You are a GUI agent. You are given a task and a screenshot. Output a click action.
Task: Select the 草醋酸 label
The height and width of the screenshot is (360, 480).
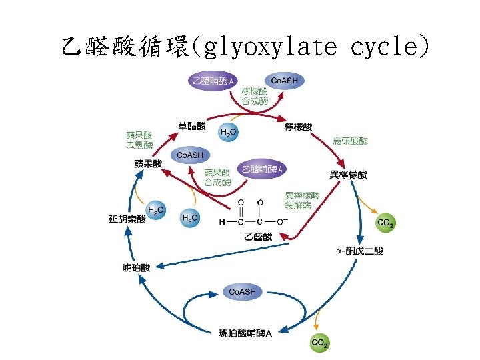pyautogui.click(x=191, y=125)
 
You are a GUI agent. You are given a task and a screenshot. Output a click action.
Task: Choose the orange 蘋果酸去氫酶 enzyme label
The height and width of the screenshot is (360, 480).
pyautogui.click(x=139, y=139)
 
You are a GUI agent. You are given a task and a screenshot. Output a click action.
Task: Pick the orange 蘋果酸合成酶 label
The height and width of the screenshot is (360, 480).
pyautogui.click(x=218, y=177)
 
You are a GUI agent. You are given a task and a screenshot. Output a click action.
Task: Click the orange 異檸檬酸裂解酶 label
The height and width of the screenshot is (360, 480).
pyautogui.click(x=302, y=200)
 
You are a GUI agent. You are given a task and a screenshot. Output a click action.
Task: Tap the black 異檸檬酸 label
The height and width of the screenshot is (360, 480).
pyautogui.click(x=348, y=175)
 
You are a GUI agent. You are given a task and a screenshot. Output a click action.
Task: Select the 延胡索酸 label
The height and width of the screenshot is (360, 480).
pyautogui.click(x=127, y=218)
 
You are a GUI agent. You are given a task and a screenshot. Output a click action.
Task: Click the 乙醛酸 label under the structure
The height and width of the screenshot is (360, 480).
pyautogui.click(x=258, y=236)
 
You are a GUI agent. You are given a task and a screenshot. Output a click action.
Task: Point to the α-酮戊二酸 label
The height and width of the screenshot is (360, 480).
pyautogui.click(x=359, y=251)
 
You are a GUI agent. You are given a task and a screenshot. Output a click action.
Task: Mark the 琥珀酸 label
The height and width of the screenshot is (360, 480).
pyautogui.click(x=136, y=267)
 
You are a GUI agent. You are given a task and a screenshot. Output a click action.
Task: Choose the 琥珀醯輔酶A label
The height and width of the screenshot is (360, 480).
pyautogui.click(x=245, y=333)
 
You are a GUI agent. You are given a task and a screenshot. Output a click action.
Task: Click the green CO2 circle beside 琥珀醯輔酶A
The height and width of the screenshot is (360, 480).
pyautogui.click(x=319, y=343)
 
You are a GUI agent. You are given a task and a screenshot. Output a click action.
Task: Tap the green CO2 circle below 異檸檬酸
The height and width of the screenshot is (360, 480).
pyautogui.click(x=385, y=223)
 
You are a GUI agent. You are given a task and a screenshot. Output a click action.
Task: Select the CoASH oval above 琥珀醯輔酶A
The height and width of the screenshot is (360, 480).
pyautogui.click(x=242, y=292)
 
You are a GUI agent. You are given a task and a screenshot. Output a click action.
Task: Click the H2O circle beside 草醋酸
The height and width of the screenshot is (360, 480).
pyautogui.click(x=228, y=133)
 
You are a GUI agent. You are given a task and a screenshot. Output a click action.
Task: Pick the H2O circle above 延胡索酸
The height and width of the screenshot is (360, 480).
pyautogui.click(x=157, y=210)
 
